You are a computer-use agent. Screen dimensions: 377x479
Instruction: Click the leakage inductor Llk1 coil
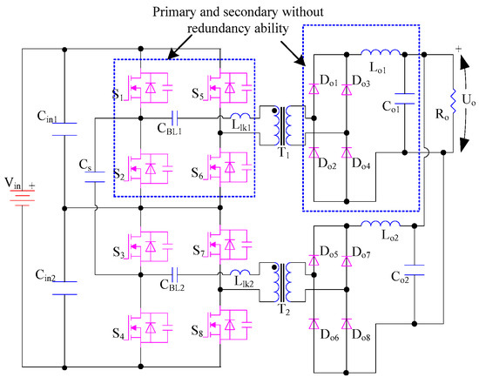[x=242, y=117]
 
